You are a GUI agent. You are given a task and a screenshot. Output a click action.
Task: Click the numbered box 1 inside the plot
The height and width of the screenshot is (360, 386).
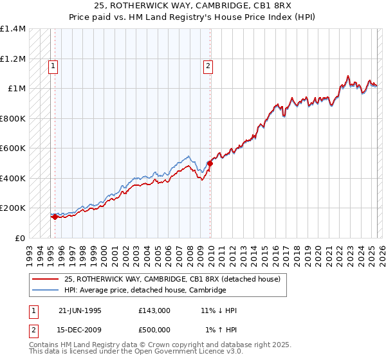pyautogui.click(x=52, y=65)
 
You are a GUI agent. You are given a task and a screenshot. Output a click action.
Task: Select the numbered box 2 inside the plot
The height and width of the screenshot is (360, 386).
pyautogui.click(x=208, y=65)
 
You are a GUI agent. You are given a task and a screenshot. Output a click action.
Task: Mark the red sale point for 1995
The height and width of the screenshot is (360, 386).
pyautogui.click(x=55, y=217)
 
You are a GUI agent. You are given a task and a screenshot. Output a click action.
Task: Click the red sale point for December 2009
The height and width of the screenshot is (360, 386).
pyautogui.click(x=210, y=163)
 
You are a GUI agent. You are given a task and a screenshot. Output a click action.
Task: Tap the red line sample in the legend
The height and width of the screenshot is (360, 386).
pyautogui.click(x=45, y=279)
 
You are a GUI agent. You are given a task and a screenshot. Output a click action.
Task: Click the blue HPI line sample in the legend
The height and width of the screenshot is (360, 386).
pyautogui.click(x=45, y=291)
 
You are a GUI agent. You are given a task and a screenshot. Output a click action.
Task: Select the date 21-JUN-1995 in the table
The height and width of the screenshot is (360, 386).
pyautogui.click(x=80, y=310)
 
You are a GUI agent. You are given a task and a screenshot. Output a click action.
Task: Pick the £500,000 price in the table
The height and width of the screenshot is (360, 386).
pyautogui.click(x=154, y=330)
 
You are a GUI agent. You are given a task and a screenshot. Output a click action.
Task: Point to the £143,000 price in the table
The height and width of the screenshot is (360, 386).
pyautogui.click(x=154, y=310)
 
